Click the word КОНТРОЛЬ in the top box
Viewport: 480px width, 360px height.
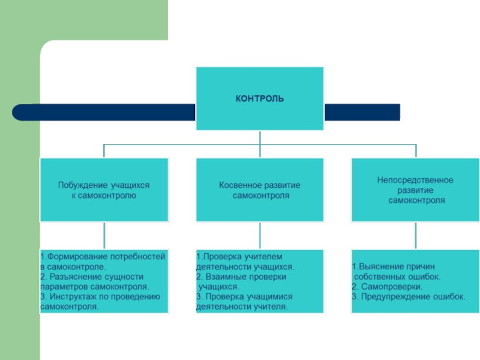(x=259, y=98)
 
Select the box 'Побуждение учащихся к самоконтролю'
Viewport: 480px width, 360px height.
(x=104, y=190)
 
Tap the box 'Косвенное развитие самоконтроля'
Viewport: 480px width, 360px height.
(x=259, y=190)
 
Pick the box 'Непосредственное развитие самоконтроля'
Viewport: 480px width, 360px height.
(x=415, y=190)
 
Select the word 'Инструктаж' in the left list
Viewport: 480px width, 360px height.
(x=70, y=296)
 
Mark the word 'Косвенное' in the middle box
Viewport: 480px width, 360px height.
(x=239, y=185)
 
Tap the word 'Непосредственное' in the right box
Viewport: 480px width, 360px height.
(x=415, y=179)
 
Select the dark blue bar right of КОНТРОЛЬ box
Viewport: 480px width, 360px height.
(x=362, y=112)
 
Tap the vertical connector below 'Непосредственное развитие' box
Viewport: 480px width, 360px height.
(x=415, y=235)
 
